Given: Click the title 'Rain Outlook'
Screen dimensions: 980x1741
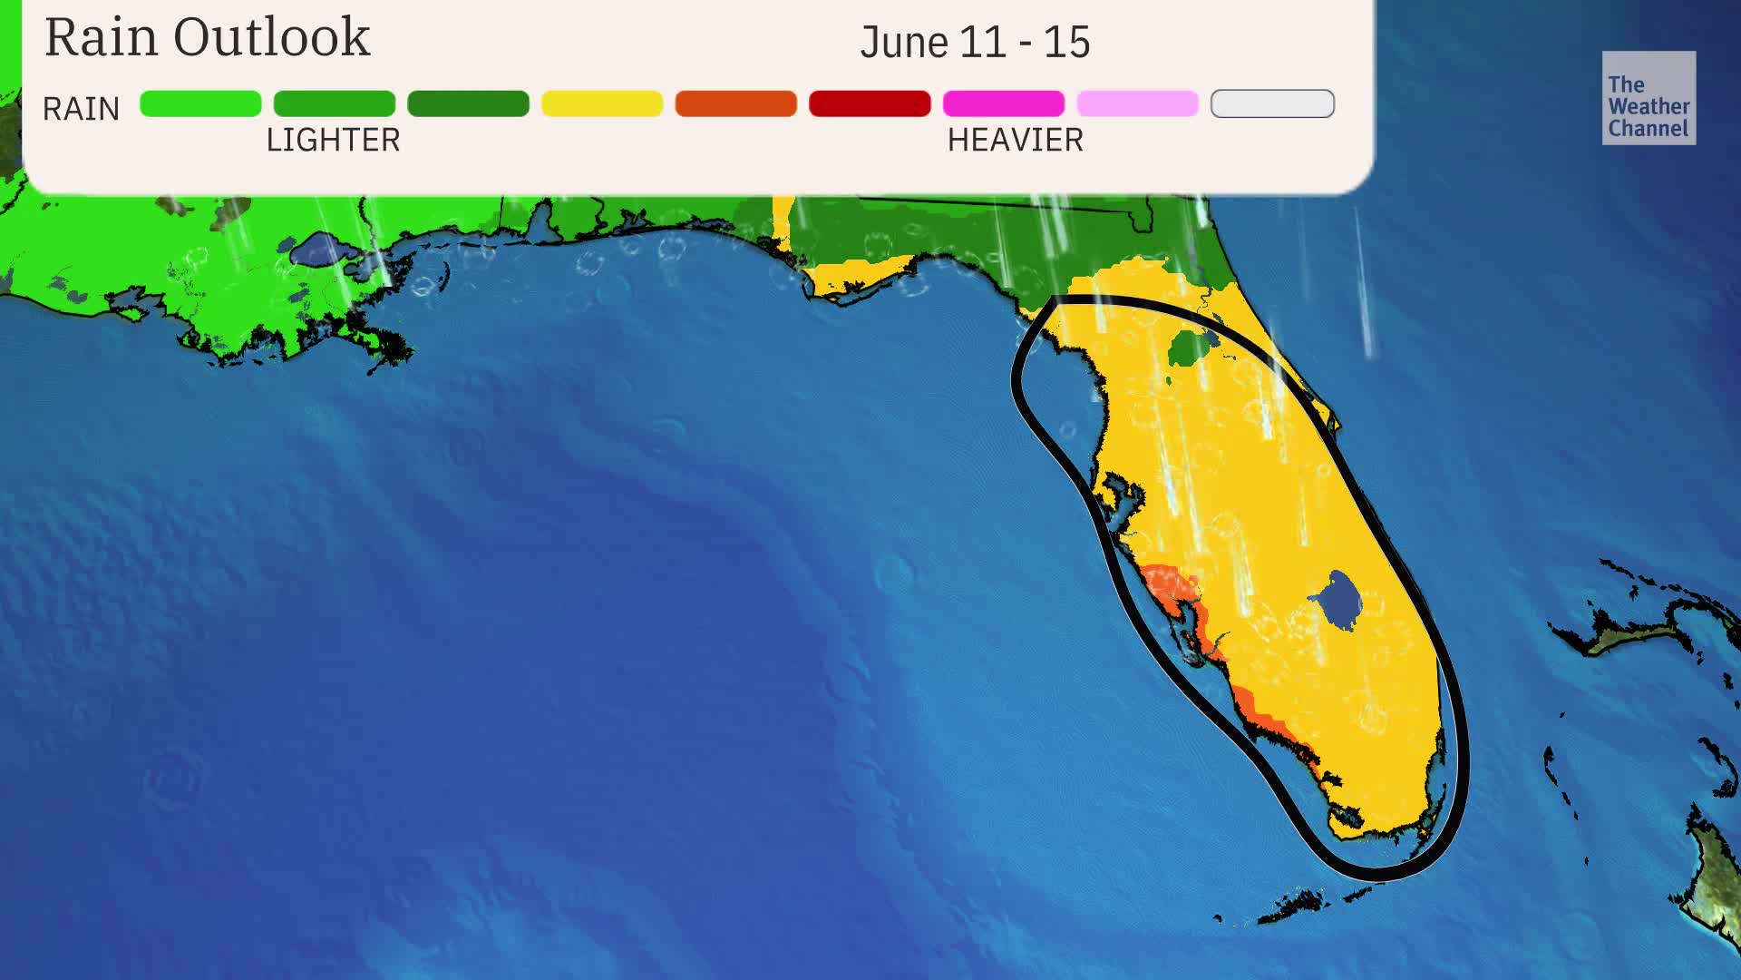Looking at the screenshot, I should pyautogui.click(x=207, y=38).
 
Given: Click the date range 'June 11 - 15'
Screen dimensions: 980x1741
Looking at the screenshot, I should pyautogui.click(x=975, y=43).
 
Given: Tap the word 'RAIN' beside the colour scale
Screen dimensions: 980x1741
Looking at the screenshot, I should pyautogui.click(x=81, y=110).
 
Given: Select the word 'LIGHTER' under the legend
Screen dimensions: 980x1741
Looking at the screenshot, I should pyautogui.click(x=333, y=141).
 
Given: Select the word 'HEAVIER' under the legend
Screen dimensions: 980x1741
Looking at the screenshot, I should pyautogui.click(x=1015, y=141).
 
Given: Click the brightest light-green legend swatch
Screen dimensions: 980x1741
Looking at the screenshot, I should pyautogui.click(x=200, y=103).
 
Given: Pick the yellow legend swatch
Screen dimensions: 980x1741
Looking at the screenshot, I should pyautogui.click(x=602, y=103).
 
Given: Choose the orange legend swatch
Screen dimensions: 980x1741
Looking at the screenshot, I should pyautogui.click(x=735, y=103).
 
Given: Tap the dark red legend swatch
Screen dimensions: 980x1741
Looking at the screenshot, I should pyautogui.click(x=870, y=103).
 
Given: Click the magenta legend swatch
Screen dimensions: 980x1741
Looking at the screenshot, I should pyautogui.click(x=1003, y=103).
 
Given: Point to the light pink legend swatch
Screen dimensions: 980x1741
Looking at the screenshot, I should pyautogui.click(x=1137, y=103).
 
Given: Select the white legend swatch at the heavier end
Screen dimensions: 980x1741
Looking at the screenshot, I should pyautogui.click(x=1271, y=103).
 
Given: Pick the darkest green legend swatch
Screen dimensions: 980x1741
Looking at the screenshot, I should pyautogui.click(x=468, y=103).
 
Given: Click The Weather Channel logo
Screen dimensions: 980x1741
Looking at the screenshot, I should pyautogui.click(x=1648, y=98).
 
